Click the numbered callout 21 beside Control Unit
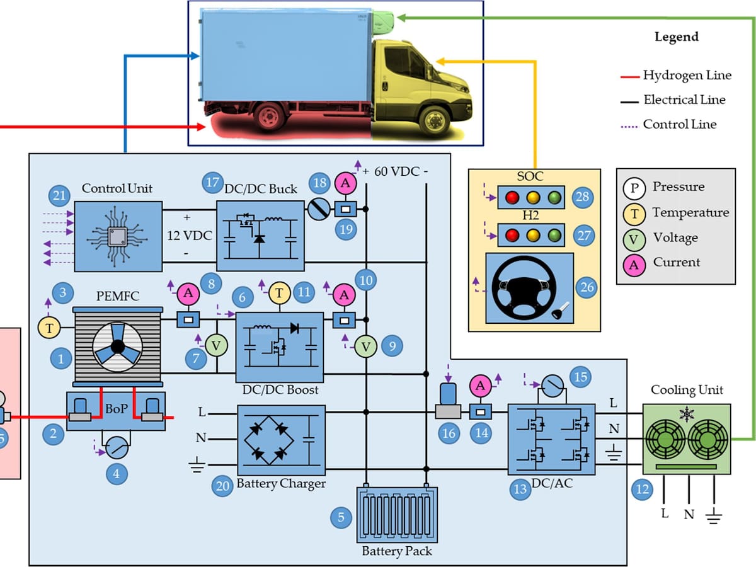click(59, 196)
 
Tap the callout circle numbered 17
click(212, 183)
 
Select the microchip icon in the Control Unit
click(117, 237)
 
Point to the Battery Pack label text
click(397, 551)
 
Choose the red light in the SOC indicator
click(511, 197)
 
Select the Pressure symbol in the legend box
click(634, 188)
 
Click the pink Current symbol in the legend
click(634, 264)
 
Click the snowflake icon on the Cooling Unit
click(686, 415)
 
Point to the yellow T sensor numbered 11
click(278, 293)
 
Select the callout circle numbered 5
click(341, 517)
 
